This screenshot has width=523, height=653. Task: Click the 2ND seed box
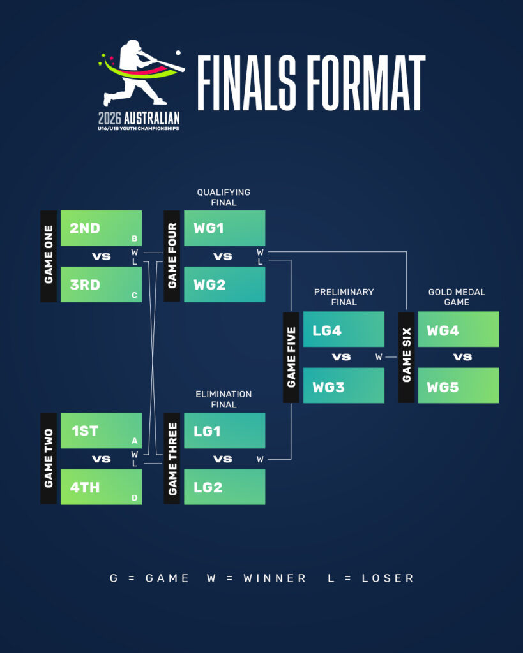click(101, 228)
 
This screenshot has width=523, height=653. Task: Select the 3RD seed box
click(101, 284)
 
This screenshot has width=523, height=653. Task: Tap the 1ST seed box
click(101, 431)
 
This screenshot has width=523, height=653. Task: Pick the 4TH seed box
click(101, 487)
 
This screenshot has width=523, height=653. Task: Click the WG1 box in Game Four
click(224, 228)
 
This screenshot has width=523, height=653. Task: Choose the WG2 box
click(224, 284)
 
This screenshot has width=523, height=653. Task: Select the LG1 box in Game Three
click(224, 431)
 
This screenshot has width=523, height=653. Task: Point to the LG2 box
click(224, 487)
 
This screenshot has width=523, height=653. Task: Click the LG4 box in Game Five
click(344, 330)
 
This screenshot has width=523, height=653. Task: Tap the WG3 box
click(344, 386)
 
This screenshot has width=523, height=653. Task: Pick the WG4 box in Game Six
click(458, 330)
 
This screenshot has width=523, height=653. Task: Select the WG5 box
click(458, 386)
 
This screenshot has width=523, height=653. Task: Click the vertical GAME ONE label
click(49, 256)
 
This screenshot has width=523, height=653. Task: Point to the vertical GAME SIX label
click(407, 357)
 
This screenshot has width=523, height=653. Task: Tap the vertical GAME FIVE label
click(291, 357)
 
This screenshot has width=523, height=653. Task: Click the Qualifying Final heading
click(224, 197)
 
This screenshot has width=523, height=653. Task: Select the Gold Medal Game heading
click(457, 297)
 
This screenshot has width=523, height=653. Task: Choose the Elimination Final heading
click(224, 399)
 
